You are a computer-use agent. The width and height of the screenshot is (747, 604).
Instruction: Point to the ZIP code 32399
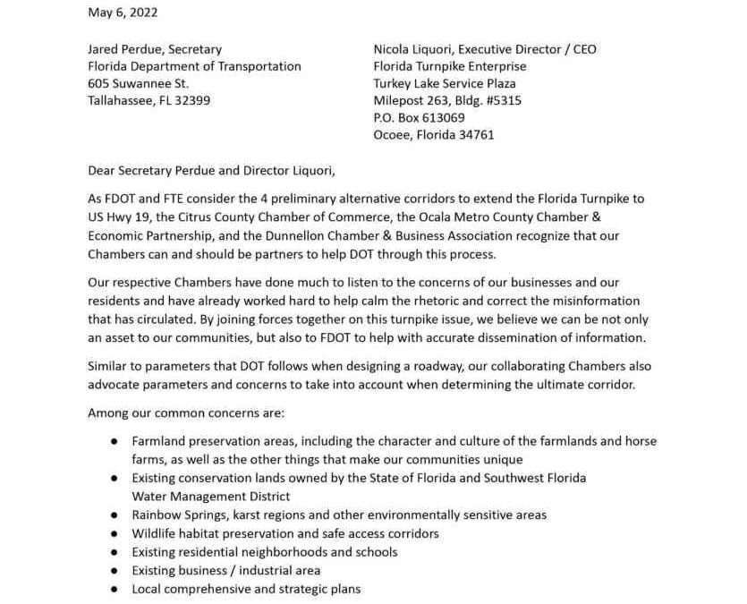click(x=191, y=100)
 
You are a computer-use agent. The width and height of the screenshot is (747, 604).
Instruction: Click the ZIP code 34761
click(x=475, y=135)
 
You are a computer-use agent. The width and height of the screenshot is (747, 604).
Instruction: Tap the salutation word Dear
click(x=102, y=170)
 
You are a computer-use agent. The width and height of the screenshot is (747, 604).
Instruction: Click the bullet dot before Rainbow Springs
click(x=115, y=515)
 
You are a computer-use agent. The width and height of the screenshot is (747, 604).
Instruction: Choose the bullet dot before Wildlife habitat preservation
click(x=115, y=533)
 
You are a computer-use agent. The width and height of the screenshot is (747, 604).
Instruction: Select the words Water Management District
click(x=210, y=496)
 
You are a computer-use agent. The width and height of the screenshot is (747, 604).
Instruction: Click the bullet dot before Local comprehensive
click(x=115, y=589)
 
